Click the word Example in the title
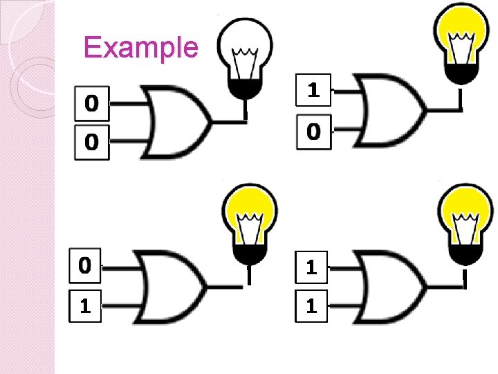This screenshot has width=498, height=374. point(140,47)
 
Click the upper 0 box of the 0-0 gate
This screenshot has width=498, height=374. point(91,104)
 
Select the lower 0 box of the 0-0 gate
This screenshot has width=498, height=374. point(91,143)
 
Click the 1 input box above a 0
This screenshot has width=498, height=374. point(314,90)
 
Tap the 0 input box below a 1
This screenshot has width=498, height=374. point(314,130)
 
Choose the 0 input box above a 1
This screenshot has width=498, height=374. point(85,265)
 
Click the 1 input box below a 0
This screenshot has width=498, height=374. point(85,306)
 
